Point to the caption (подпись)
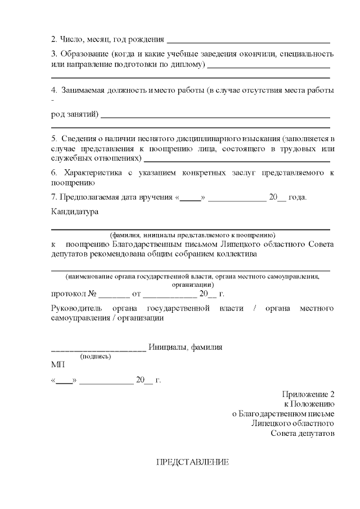[96, 356]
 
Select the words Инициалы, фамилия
[186, 347]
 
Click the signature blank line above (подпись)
[98, 349]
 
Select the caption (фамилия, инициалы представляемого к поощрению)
[192, 234]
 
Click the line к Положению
[309, 404]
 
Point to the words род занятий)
[74, 115]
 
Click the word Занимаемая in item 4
[83, 90]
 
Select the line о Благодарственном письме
[283, 413]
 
